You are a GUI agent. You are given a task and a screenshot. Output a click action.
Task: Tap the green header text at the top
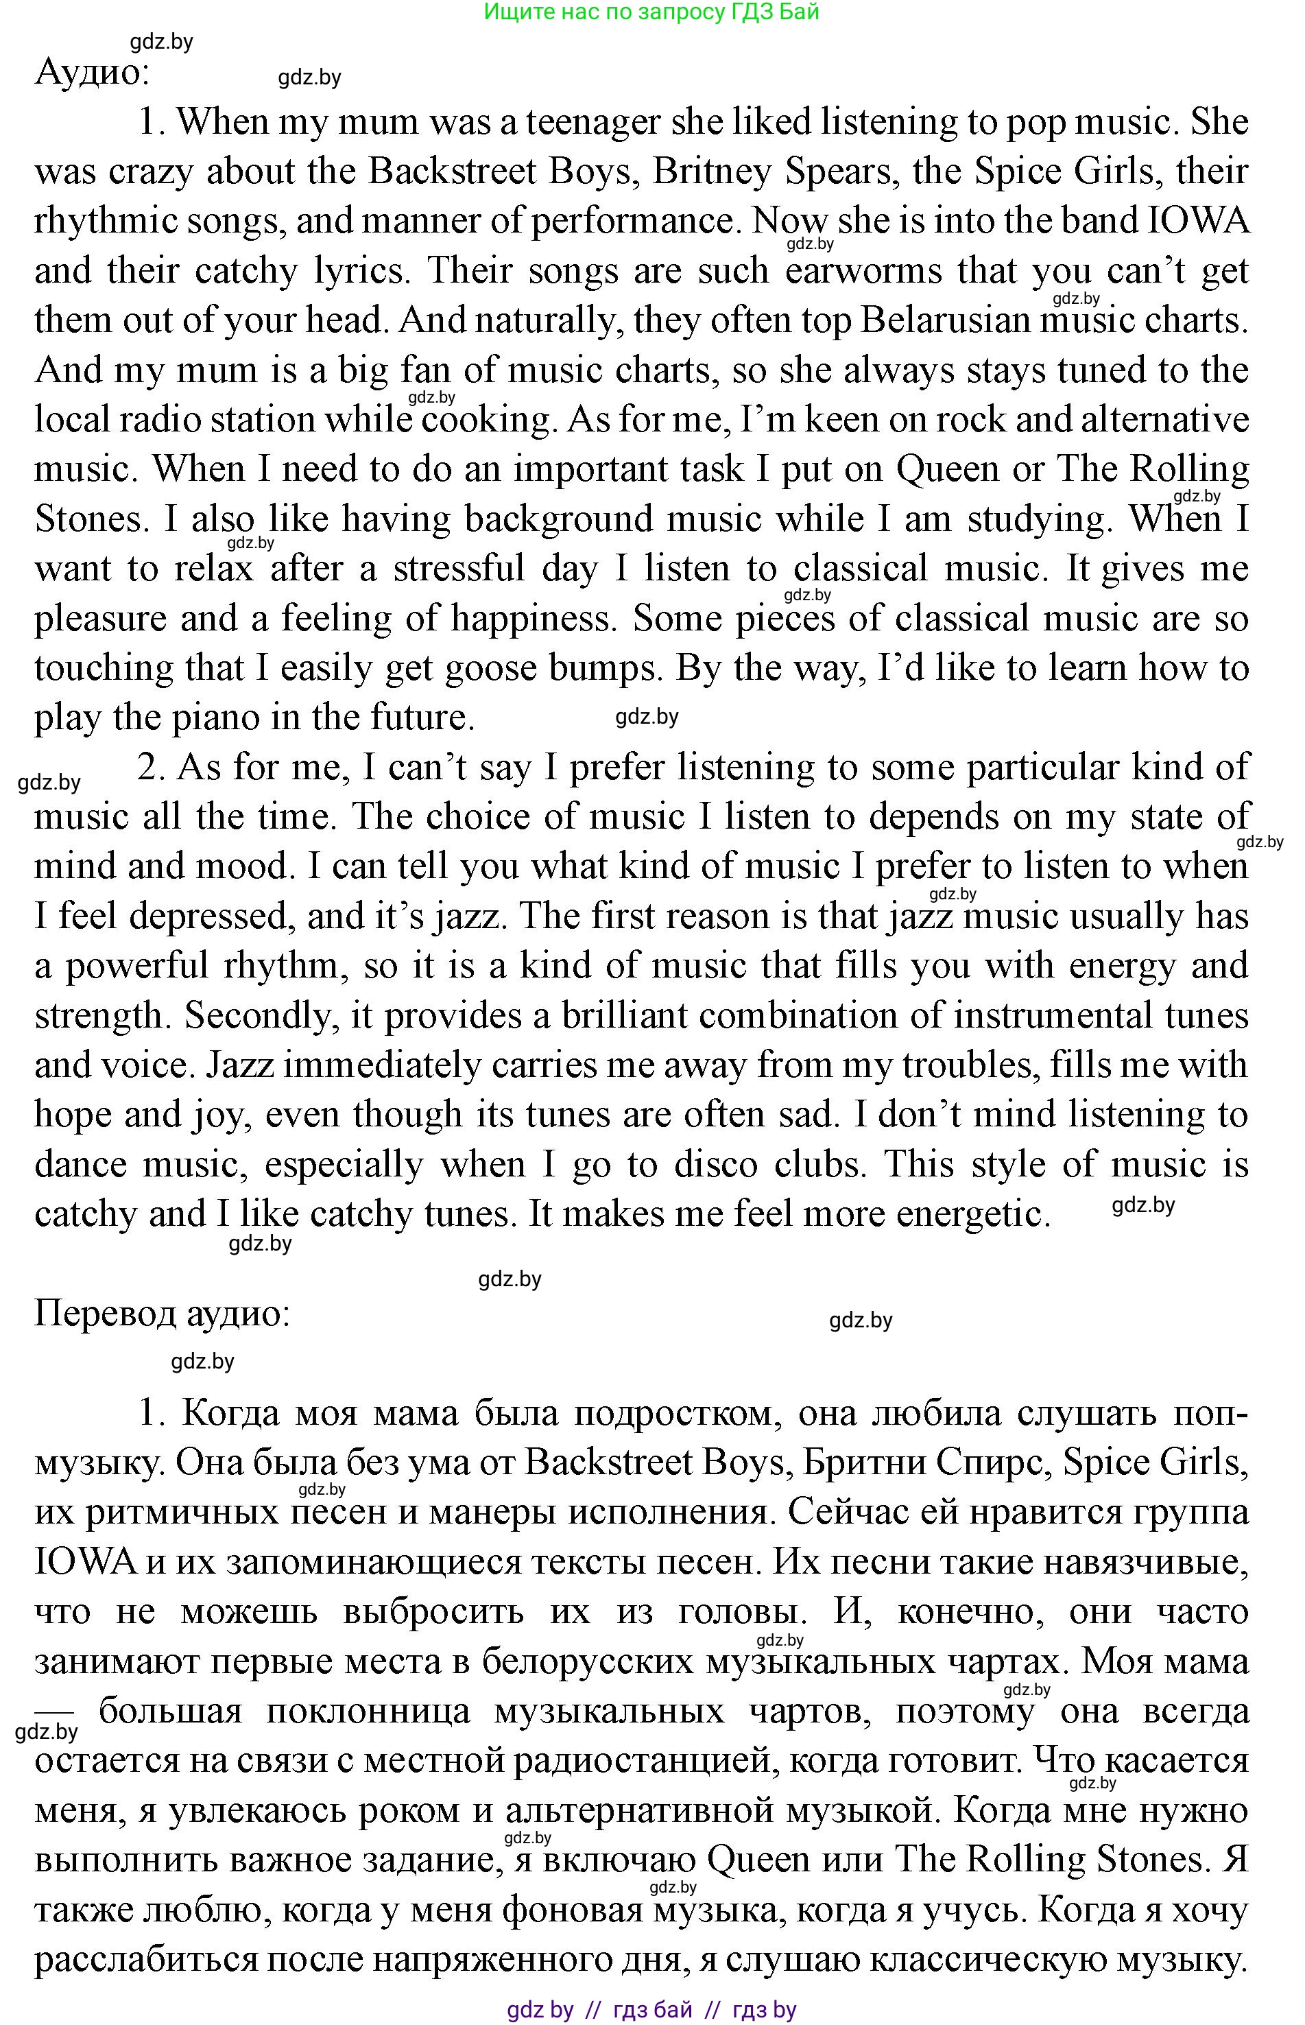651,12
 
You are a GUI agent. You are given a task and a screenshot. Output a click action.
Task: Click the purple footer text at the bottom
651,2009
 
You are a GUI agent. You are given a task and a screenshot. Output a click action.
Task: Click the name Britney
713,173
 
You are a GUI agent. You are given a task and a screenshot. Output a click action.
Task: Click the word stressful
459,569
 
